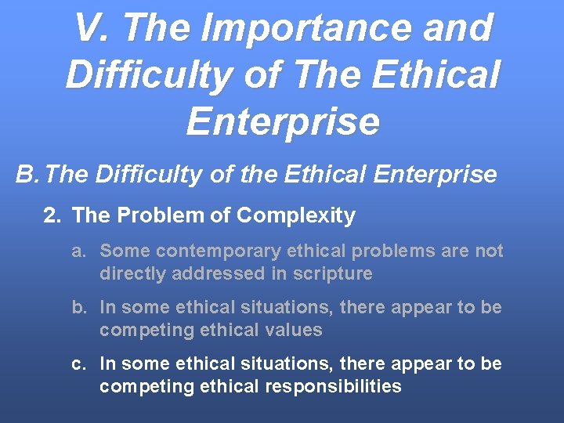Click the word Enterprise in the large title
[x=283, y=121]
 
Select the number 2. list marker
[x=52, y=215]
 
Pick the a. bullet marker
[x=78, y=251]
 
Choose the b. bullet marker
[x=78, y=308]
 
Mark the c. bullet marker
[x=78, y=364]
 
